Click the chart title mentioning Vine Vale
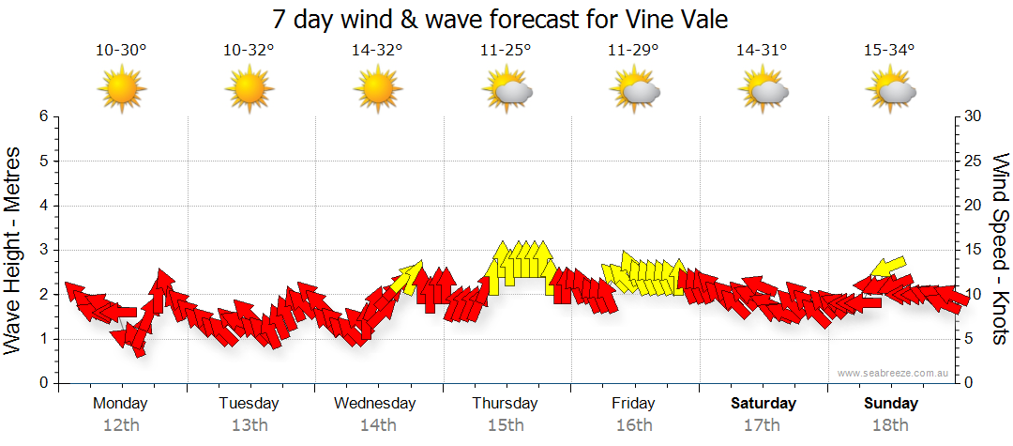(500, 19)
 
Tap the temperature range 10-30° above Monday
(121, 51)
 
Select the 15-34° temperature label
(889, 51)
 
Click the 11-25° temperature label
(506, 51)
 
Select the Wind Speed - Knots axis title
(1000, 249)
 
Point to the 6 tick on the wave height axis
(42, 116)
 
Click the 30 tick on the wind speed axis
(973, 116)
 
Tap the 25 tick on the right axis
(973, 161)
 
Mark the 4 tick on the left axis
(42, 206)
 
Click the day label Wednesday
(375, 404)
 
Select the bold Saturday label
(764, 404)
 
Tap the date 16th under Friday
(634, 425)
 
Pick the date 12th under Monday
(121, 425)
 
